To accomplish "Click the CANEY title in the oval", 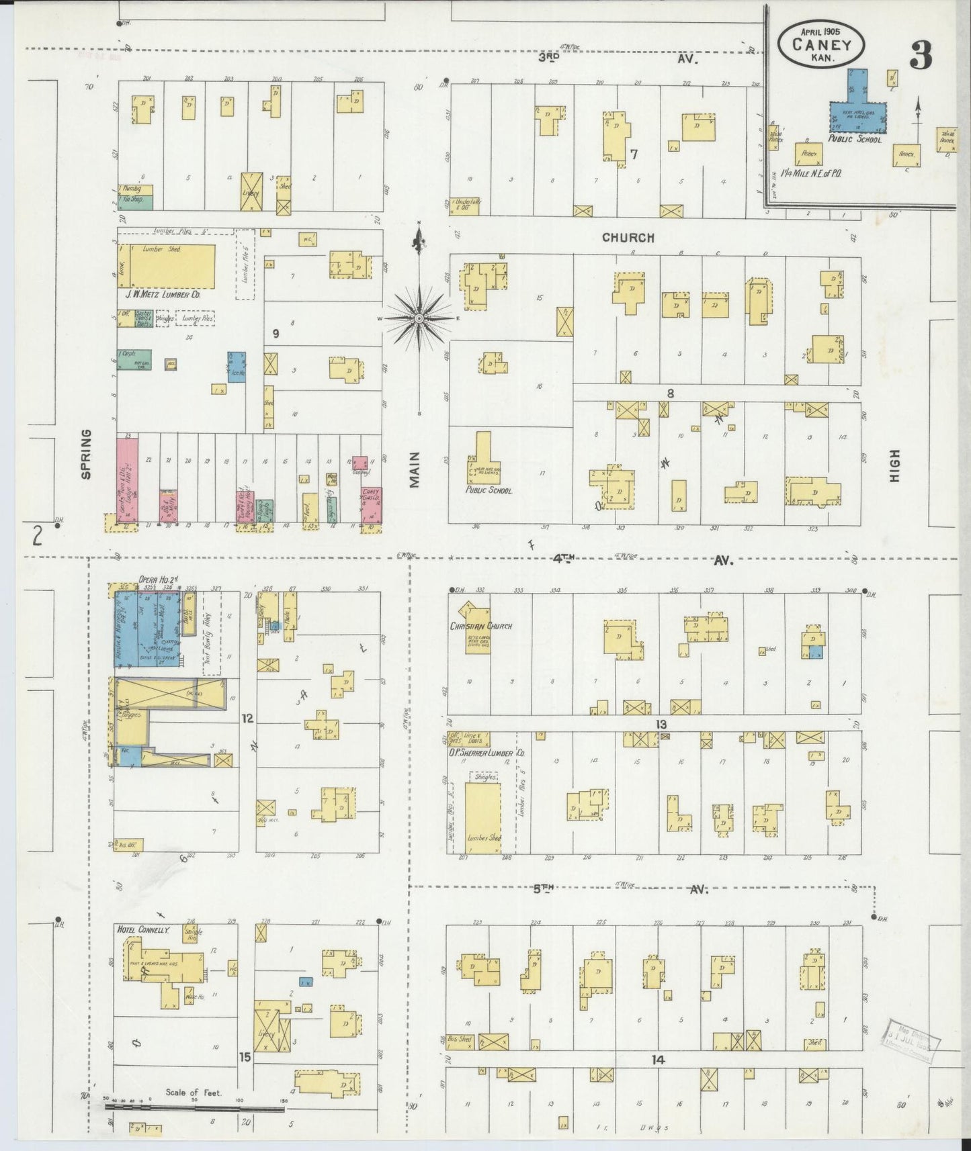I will point(821,46).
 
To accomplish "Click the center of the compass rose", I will point(419,318).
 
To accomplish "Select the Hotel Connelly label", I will point(143,930).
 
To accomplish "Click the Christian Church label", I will point(480,626).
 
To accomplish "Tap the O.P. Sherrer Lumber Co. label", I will point(487,753).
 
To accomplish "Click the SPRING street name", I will point(86,454).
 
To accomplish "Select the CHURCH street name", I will point(628,238).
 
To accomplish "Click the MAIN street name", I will point(414,469).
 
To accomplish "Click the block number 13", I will point(661,725).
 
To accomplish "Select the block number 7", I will point(633,154).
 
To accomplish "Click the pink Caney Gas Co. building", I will point(370,505).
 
